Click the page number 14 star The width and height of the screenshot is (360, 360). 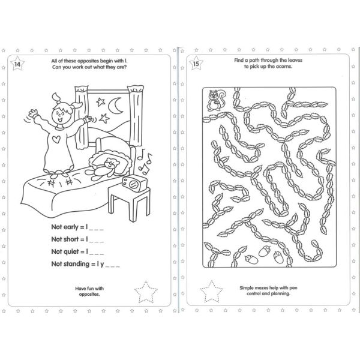point(17,62)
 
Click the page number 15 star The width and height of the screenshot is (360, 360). point(196,62)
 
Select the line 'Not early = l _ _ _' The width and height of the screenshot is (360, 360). point(77,229)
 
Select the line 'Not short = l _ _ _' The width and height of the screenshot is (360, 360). point(77,240)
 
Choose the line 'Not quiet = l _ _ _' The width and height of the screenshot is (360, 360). point(77,251)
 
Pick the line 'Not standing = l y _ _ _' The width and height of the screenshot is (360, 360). point(86,263)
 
